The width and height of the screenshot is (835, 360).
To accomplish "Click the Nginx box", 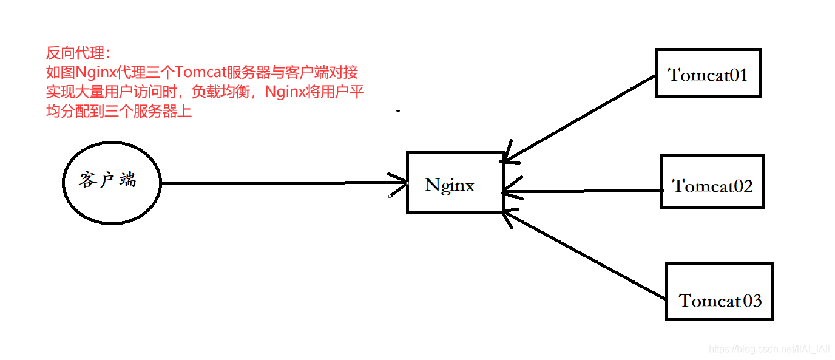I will click(455, 183).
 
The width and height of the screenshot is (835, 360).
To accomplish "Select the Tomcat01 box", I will click(708, 73).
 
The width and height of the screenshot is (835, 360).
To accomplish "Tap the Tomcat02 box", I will click(712, 182).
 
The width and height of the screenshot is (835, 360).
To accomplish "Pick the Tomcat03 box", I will click(719, 291).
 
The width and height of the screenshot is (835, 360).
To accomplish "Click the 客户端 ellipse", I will click(112, 180).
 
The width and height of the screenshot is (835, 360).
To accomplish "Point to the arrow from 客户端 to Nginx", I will click(279, 183).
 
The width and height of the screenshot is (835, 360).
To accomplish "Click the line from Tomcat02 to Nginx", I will click(583, 192).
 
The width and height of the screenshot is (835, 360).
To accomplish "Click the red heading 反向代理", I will click(76, 53).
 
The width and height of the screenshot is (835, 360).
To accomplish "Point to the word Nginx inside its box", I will click(450, 185).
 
